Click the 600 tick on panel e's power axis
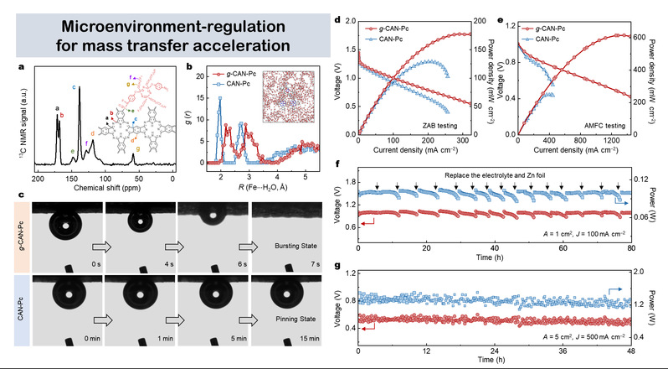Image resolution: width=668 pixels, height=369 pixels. (640, 38)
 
